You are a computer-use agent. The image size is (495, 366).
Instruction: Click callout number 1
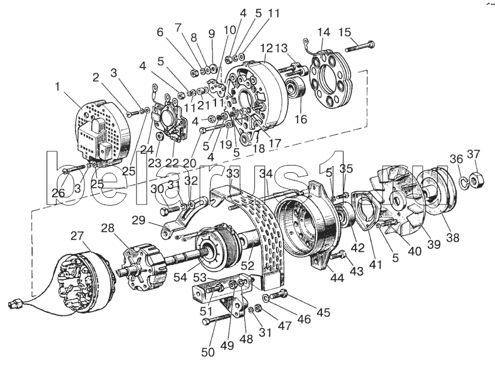tap(58, 87)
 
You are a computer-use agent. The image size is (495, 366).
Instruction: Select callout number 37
tap(473, 155)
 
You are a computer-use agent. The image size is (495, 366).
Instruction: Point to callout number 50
tap(208, 352)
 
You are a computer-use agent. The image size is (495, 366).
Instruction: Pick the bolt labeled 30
tap(171, 211)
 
